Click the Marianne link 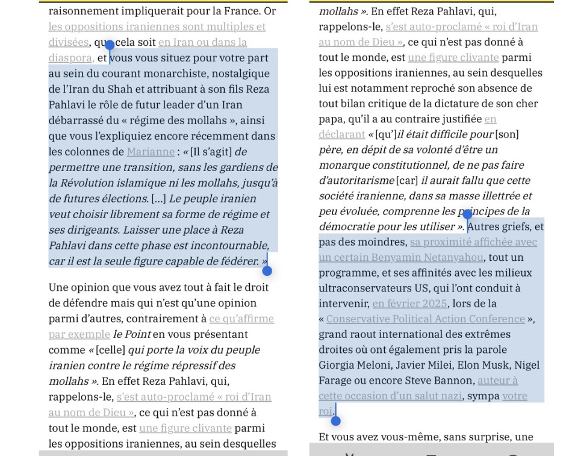click(x=150, y=152)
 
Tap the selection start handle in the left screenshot click(x=109, y=45)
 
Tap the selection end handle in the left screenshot click(x=267, y=270)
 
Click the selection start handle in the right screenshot click(x=467, y=214)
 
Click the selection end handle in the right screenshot click(x=336, y=420)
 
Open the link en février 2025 click(x=409, y=304)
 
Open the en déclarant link click(x=341, y=134)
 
